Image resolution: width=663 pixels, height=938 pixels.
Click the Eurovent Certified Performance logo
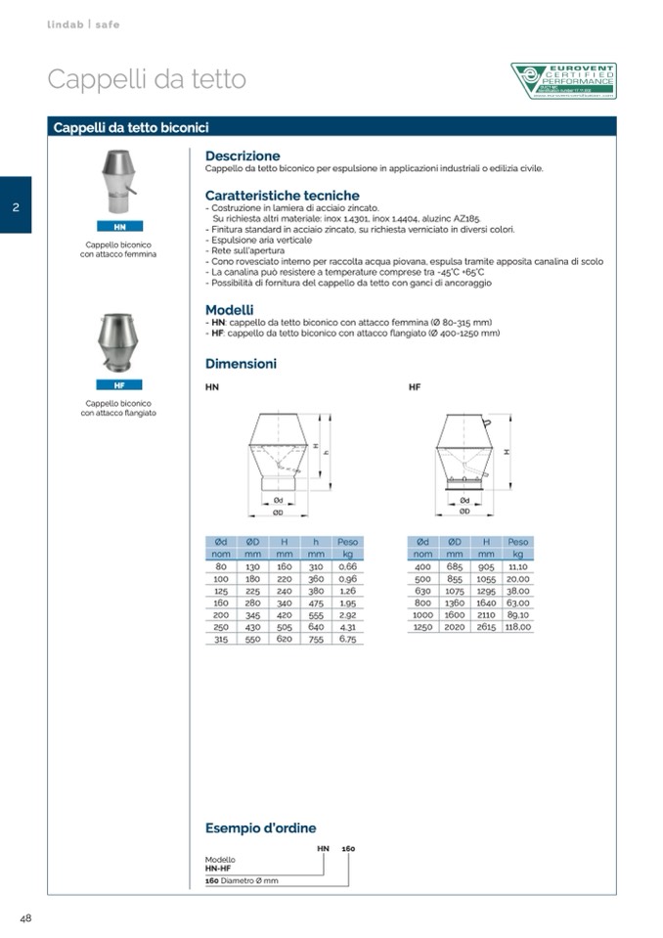pyautogui.click(x=563, y=81)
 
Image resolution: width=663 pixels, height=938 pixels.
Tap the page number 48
pyautogui.click(x=26, y=917)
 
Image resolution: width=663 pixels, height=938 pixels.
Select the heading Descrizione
pyautogui.click(x=243, y=156)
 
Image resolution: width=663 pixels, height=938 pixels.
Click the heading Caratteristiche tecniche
pyautogui.click(x=282, y=196)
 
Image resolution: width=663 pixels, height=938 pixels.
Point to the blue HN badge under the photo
pyautogui.click(x=119, y=227)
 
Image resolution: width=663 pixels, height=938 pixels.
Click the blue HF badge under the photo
pyautogui.click(x=119, y=385)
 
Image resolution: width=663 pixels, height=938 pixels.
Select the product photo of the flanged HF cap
pyautogui.click(x=119, y=344)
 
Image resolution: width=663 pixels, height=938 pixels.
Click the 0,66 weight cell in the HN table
pyautogui.click(x=347, y=566)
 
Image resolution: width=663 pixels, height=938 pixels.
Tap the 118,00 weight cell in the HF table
pyautogui.click(x=517, y=627)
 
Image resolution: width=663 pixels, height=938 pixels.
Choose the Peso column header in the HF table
pyautogui.click(x=517, y=542)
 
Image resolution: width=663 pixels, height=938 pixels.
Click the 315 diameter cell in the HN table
pyautogui.click(x=221, y=639)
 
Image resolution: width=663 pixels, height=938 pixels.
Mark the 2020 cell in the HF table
pyautogui.click(x=455, y=627)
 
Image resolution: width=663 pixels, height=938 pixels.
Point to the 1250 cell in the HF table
pyautogui.click(x=422, y=627)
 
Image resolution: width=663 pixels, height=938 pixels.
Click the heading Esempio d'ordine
pyautogui.click(x=260, y=828)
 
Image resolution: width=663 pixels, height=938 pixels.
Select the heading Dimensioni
pyautogui.click(x=241, y=364)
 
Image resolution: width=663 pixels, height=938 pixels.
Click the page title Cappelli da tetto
pyautogui.click(x=147, y=79)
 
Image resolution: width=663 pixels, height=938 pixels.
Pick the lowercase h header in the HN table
pyautogui.click(x=315, y=542)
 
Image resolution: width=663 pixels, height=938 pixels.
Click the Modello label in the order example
pyautogui.click(x=220, y=859)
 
